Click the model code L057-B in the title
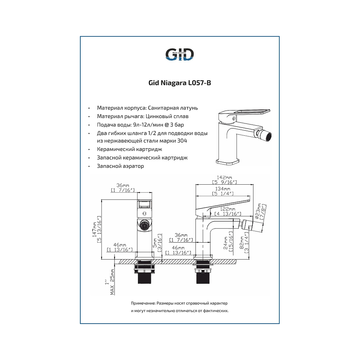tap(198, 83)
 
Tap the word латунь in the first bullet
tap(189, 108)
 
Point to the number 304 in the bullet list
tap(182, 141)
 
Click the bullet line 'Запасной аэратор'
tap(120, 166)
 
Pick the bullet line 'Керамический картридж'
tap(129, 149)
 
